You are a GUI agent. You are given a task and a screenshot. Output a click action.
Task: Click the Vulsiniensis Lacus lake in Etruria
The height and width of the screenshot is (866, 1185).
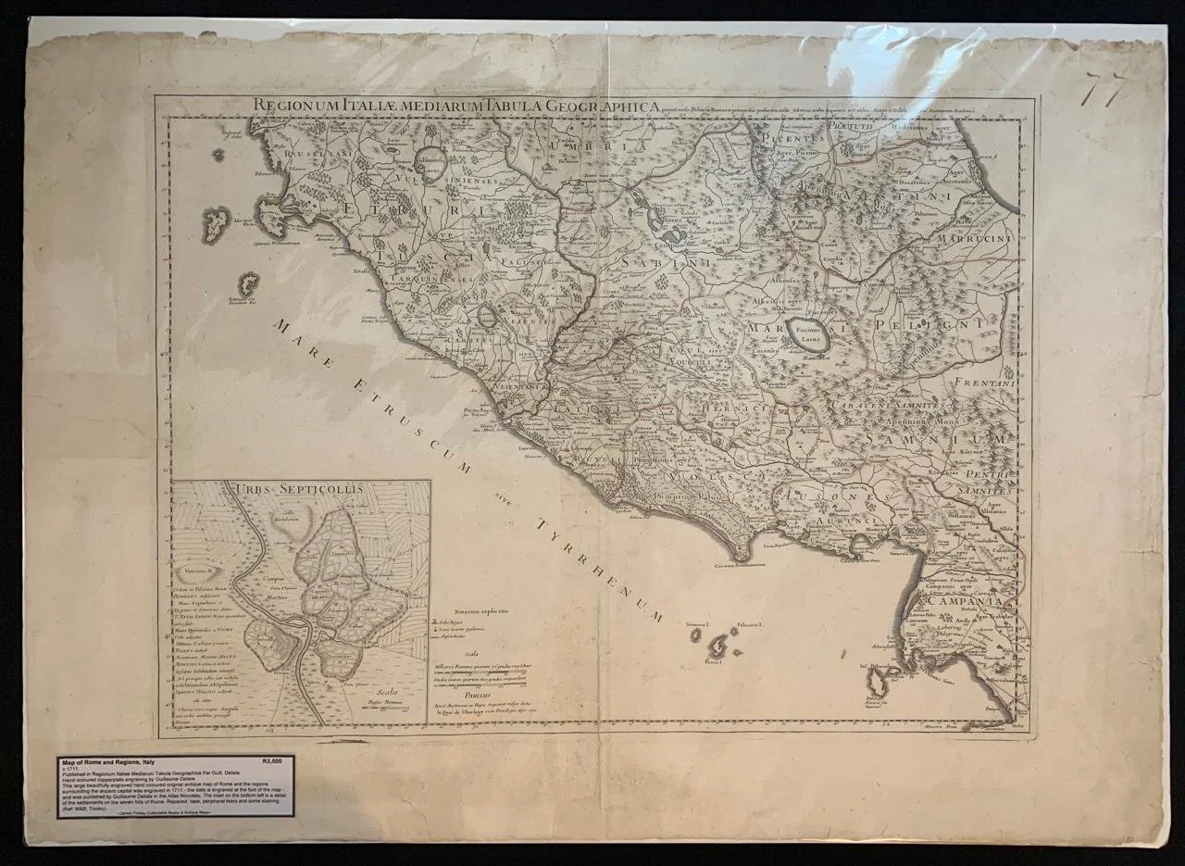[x=430, y=161]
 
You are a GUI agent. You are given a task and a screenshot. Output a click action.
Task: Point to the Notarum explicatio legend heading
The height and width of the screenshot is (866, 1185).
[x=475, y=613]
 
